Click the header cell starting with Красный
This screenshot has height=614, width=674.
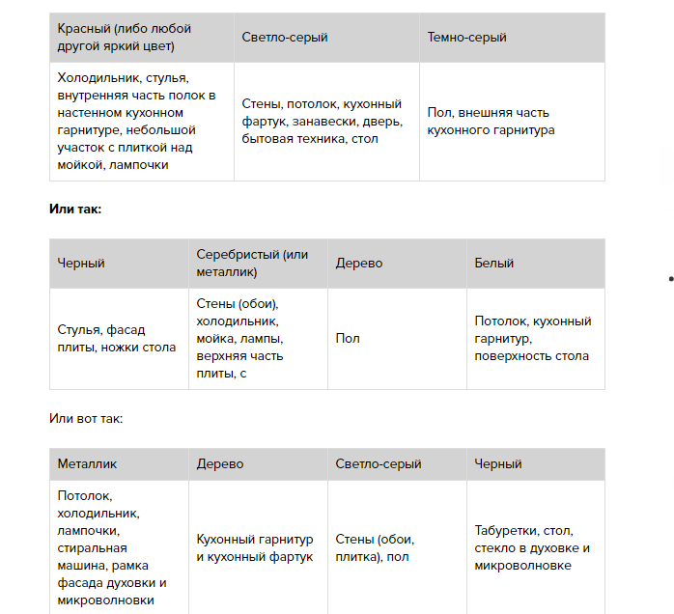pyautogui.click(x=141, y=37)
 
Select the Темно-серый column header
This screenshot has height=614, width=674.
pyautogui.click(x=512, y=37)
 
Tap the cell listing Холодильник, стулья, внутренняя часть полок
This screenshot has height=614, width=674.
pyautogui.click(x=141, y=121)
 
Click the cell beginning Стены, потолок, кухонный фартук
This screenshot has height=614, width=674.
pyautogui.click(x=326, y=121)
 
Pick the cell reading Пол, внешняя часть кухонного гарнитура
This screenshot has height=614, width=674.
pyautogui.click(x=512, y=121)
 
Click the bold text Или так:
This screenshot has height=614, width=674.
pyautogui.click(x=75, y=209)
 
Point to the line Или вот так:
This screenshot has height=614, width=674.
pyautogui.click(x=86, y=418)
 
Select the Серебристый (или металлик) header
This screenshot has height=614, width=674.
pyautogui.click(x=258, y=263)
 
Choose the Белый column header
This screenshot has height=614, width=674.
pyautogui.click(x=536, y=263)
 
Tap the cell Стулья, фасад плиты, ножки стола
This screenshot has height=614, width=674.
pyautogui.click(x=118, y=338)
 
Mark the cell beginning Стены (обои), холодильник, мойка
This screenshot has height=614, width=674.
pyautogui.click(x=258, y=338)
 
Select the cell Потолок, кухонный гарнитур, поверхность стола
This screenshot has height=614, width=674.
pyautogui.click(x=536, y=338)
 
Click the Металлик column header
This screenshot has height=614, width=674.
pyautogui.click(x=118, y=463)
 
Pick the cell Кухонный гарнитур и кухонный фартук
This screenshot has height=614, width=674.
pyautogui.click(x=258, y=547)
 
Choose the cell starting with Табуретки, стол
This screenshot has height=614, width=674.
pyautogui.click(x=536, y=547)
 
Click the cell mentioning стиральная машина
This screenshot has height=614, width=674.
pyautogui.click(x=118, y=547)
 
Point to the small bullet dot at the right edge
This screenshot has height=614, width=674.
pyautogui.click(x=670, y=279)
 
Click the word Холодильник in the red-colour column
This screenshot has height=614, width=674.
pyautogui.click(x=96, y=78)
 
